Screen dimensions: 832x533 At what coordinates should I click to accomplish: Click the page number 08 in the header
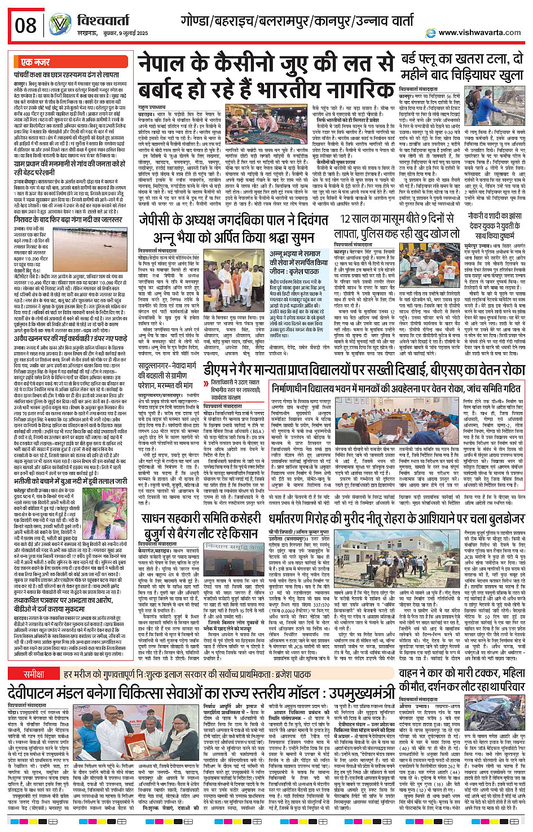click(x=26, y=25)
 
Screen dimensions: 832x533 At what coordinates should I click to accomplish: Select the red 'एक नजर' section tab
click(x=36, y=62)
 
